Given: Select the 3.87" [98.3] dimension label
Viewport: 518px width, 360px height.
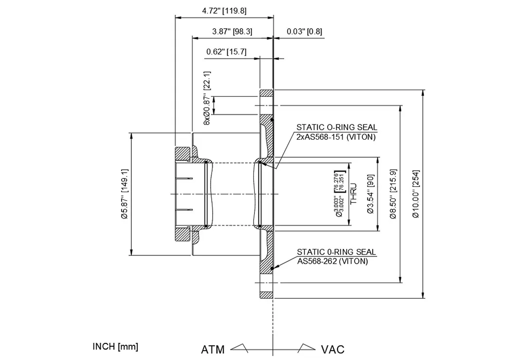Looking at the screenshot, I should pyautogui.click(x=232, y=32).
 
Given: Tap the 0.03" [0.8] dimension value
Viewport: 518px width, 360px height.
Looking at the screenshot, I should pyautogui.click(x=304, y=32).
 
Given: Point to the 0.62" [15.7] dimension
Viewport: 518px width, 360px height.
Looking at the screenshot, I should pyautogui.click(x=226, y=52).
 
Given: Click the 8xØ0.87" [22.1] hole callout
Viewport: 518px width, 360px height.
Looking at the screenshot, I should pyautogui.click(x=207, y=98).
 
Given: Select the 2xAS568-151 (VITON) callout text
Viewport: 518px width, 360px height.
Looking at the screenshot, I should pyautogui.click(x=336, y=137).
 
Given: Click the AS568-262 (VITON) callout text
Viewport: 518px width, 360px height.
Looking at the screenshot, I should pyautogui.click(x=332, y=261).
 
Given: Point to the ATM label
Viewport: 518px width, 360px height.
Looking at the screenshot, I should pyautogui.click(x=213, y=349).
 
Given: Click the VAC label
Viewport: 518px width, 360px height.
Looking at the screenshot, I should pyautogui.click(x=333, y=349).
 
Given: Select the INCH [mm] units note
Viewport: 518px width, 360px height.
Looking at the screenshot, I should pyautogui.click(x=115, y=346).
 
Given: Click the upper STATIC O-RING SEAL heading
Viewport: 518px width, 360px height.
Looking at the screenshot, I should pyautogui.click(x=337, y=127).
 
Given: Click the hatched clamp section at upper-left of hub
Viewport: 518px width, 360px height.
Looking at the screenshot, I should pyautogui.click(x=183, y=154).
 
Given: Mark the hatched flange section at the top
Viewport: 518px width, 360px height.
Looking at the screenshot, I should pyautogui.click(x=266, y=93).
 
